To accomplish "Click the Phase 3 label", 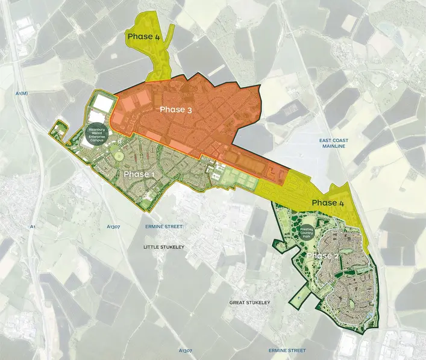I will pyautogui.click(x=176, y=110).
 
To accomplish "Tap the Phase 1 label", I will pyautogui.click(x=139, y=175).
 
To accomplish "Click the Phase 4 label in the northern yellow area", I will pyautogui.click(x=143, y=37).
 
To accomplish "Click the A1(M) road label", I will pyautogui.click(x=21, y=93).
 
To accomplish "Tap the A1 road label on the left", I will pyautogui.click(x=33, y=226).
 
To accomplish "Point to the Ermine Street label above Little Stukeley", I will pyautogui.click(x=163, y=227).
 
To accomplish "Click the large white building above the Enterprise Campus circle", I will pyautogui.click(x=101, y=104).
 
